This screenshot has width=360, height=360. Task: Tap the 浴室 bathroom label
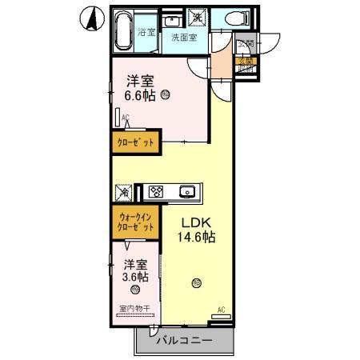[x=146, y=33]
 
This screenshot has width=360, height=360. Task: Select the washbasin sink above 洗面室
[x=173, y=18]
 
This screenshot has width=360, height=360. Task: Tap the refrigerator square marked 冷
[x=124, y=192]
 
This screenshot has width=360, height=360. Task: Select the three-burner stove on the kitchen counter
[x=156, y=191]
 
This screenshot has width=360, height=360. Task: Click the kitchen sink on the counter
[x=189, y=191]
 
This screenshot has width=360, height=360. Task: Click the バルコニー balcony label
[x=184, y=341]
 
